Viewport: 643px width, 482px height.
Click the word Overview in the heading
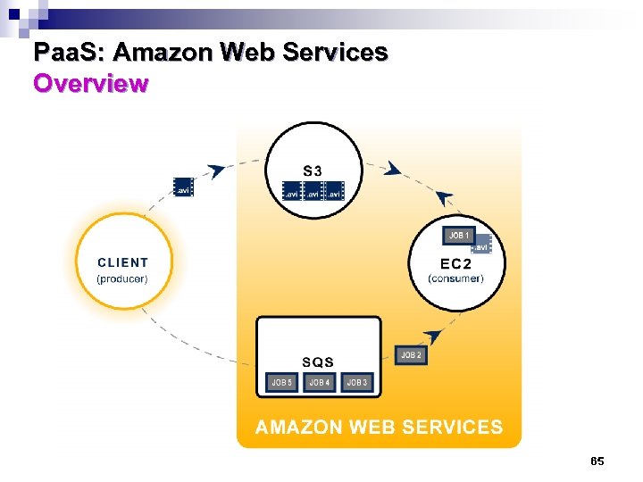90,84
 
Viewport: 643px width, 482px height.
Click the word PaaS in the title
66,53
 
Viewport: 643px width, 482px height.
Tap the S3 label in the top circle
313,170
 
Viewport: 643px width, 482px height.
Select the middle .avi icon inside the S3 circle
313,191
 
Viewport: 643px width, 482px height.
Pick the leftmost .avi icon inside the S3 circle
291,191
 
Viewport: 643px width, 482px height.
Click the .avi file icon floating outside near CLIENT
183,187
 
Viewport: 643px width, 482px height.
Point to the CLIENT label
123,262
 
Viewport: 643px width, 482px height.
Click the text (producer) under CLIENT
122,278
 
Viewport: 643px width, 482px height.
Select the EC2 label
455,264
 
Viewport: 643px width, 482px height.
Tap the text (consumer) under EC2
455,278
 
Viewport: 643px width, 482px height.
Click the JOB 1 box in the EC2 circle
459,236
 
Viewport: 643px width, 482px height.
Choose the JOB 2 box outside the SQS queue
410,355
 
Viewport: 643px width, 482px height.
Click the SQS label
318,361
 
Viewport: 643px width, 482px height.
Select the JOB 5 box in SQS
281,382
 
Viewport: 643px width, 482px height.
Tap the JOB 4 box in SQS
319,382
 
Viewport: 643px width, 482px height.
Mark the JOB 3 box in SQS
356,382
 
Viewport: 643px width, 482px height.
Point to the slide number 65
597,461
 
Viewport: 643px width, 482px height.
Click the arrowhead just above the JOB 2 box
433,337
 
